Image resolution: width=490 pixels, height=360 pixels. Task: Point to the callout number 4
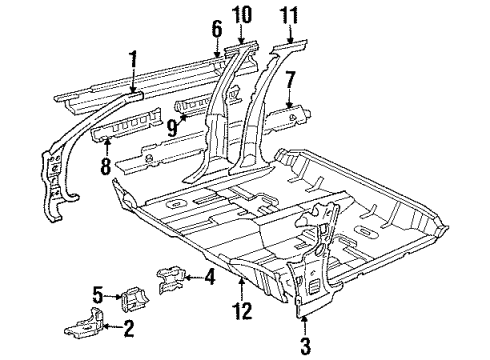(x=210, y=277)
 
